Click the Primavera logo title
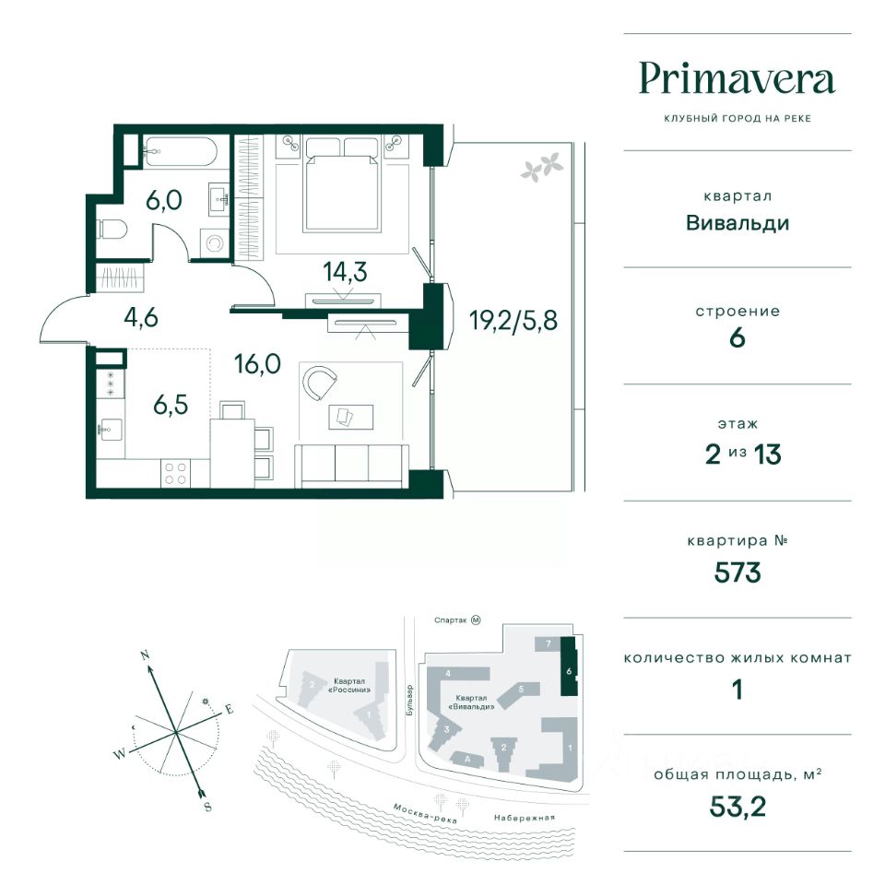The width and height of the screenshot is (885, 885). [x=737, y=79]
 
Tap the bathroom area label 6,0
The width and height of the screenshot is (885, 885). [x=164, y=200]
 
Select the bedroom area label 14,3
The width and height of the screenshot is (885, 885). [x=345, y=271]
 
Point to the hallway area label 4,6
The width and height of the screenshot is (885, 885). [x=140, y=317]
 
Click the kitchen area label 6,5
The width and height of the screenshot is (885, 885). [x=171, y=405]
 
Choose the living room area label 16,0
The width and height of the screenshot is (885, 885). [x=257, y=364]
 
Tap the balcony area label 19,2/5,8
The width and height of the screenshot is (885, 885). [x=513, y=321]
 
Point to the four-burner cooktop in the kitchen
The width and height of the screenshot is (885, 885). [x=175, y=473]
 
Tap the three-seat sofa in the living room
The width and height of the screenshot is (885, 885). [x=351, y=466]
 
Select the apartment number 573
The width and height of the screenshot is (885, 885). [x=737, y=572]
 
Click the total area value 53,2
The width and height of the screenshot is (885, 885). [x=737, y=808]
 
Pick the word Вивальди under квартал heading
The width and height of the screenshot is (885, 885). [x=737, y=223]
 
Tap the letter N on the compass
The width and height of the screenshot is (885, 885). [x=145, y=655]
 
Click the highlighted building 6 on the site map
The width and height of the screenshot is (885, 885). [x=569, y=666]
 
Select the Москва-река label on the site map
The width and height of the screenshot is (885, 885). [x=424, y=813]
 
